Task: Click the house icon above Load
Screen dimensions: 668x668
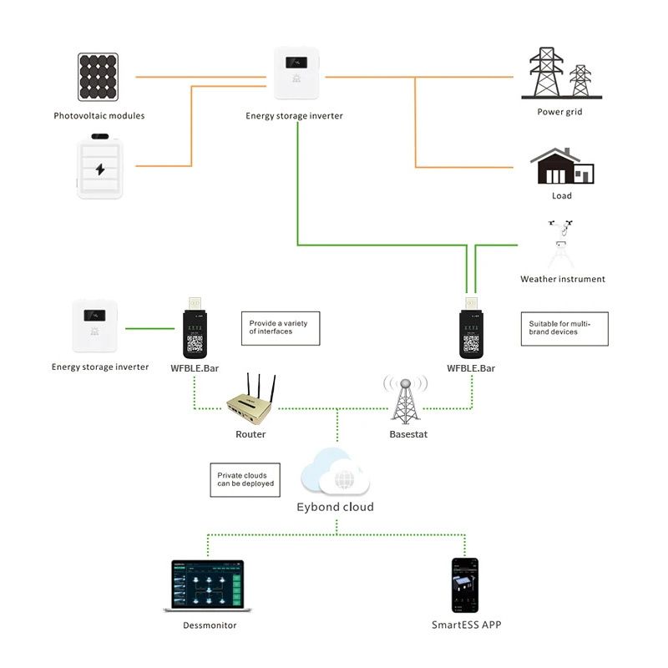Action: click(x=562, y=167)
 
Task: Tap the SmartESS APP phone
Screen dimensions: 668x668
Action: click(x=465, y=585)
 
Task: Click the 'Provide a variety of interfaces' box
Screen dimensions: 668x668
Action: click(x=280, y=327)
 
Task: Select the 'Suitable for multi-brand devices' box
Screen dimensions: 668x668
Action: click(x=564, y=328)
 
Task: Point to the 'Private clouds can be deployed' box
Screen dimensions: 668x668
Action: click(x=244, y=479)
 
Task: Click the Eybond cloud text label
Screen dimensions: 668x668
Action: click(x=336, y=507)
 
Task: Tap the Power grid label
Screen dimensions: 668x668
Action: click(x=559, y=112)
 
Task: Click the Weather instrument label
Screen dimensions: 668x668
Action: click(x=562, y=279)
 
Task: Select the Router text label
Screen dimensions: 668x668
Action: click(x=250, y=434)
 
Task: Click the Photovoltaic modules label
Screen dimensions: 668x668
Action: click(x=99, y=116)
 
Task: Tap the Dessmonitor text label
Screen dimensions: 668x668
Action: click(x=210, y=625)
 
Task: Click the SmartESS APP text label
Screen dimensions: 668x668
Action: click(x=467, y=625)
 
